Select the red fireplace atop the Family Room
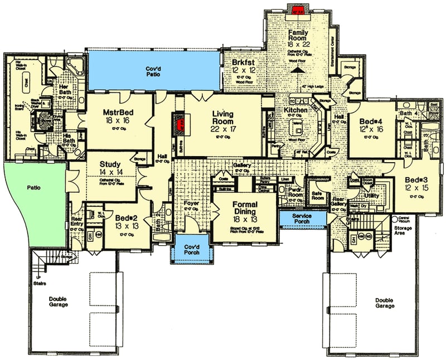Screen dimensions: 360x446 [295, 9]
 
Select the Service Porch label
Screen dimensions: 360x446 [302, 217]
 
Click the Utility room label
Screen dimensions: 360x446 [372, 196]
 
